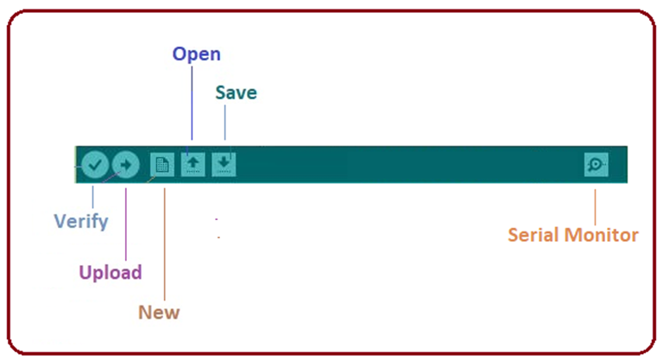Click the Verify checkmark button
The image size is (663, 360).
(95, 165)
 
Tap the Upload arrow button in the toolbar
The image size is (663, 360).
(126, 165)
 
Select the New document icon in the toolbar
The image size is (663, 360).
(162, 165)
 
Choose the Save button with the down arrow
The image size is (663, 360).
(224, 165)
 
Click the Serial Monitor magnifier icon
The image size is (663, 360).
(597, 165)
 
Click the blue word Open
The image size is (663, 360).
(196, 54)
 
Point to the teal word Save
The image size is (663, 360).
(236, 92)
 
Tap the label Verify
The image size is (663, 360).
(81, 221)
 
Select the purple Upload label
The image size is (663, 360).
(110, 273)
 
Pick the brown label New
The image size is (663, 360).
(159, 313)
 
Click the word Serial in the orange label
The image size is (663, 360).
(534, 235)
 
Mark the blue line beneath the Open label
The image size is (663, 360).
(192, 103)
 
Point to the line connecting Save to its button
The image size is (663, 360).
(225, 123)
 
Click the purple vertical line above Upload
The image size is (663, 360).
(126, 224)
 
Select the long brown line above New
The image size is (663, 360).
(165, 244)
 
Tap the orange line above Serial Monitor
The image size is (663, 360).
(595, 207)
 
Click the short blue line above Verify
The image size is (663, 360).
(92, 197)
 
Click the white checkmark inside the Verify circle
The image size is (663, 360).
(95, 165)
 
